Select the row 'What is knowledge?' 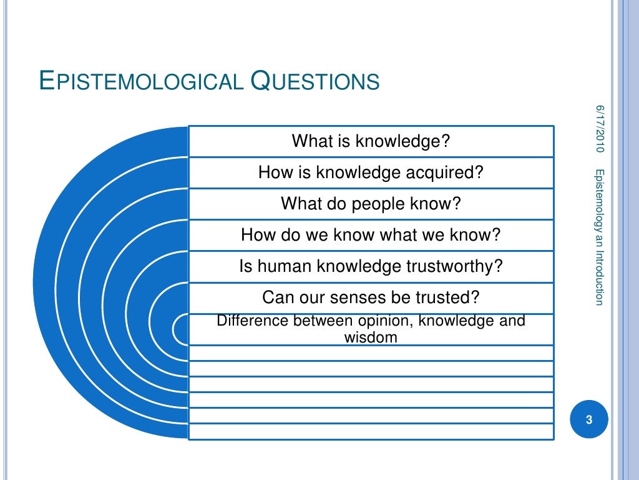tap(371, 141)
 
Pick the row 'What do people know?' tap(371, 204)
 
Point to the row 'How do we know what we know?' tap(371, 235)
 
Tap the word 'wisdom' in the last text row tap(371, 338)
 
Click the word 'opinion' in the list tap(386, 321)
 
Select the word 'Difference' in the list tap(248, 321)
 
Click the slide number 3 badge tap(588, 419)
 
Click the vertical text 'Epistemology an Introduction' tap(599, 237)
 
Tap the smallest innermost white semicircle tap(180, 329)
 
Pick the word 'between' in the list tap(314, 321)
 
